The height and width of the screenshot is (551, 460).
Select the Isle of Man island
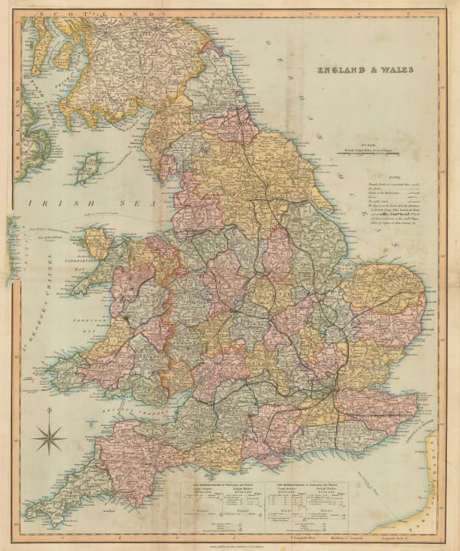[x=90, y=167]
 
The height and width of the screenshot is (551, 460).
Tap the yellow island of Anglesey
[x=97, y=243]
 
